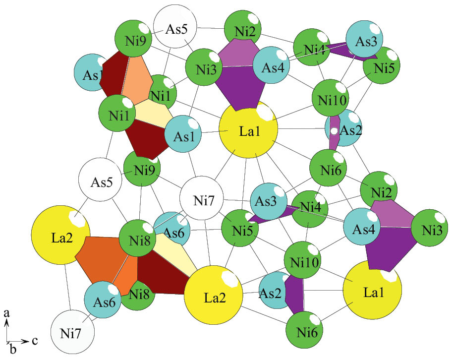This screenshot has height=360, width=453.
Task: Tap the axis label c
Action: tap(35, 341)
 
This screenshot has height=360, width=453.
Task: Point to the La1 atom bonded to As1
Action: tap(248, 130)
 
